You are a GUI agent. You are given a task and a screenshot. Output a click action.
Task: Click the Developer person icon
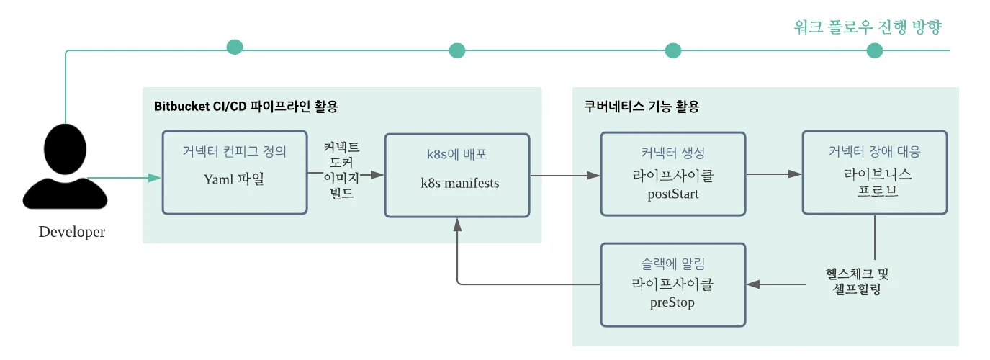65,170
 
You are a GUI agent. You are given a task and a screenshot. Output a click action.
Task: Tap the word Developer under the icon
71,232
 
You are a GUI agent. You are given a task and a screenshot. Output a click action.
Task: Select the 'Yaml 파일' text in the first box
234,179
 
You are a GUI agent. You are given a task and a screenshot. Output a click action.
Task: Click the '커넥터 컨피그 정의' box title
234,152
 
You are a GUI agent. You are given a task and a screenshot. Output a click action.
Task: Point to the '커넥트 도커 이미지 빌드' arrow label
341,171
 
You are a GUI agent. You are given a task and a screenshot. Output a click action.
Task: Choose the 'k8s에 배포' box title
458,155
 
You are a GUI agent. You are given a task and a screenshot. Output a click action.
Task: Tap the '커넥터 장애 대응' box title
874,152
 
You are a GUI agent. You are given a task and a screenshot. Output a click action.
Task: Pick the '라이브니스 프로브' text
874,183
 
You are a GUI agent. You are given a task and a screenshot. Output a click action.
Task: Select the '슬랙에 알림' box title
672,265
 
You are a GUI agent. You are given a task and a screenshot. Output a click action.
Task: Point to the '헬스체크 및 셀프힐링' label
857,282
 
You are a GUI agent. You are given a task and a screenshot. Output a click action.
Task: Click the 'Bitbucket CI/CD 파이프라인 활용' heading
246,107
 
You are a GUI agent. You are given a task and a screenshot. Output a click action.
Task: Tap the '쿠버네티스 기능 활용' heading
641,107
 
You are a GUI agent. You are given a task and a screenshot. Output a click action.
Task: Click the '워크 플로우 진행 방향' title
868,27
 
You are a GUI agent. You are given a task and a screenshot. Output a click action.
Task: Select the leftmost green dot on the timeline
235,48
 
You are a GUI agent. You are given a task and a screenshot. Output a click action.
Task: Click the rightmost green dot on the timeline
875,50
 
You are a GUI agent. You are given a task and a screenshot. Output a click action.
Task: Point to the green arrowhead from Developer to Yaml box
155,177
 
